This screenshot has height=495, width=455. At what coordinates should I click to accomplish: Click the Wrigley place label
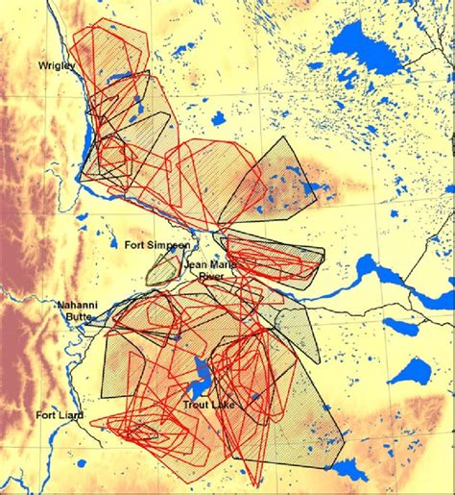[x=56, y=65]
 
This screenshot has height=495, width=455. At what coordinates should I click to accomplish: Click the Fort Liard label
[x=60, y=415]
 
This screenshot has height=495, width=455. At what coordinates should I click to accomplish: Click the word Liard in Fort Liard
[x=71, y=415]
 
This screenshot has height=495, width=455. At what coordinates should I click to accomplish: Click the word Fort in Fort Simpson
[x=135, y=245]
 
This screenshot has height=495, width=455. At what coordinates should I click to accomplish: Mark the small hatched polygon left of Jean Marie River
[x=163, y=266]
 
